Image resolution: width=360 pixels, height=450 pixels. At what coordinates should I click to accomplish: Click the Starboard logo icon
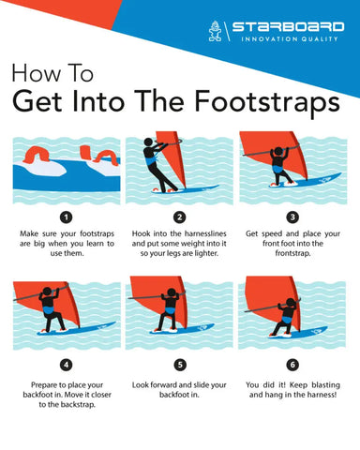(216, 32)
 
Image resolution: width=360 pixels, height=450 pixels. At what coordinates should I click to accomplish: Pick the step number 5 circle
(180, 364)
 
